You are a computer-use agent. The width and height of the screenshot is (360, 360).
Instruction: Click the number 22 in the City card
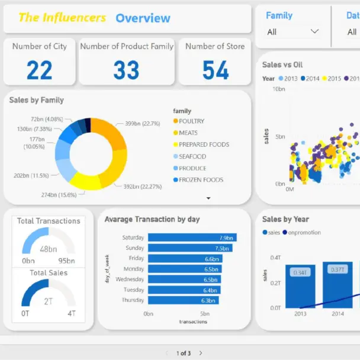click(x=39, y=70)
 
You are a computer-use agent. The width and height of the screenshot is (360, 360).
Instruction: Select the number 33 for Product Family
click(x=126, y=70)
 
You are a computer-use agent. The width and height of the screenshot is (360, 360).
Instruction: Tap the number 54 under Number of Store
click(x=215, y=70)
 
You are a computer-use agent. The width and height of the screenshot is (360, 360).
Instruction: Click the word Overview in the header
click(x=143, y=18)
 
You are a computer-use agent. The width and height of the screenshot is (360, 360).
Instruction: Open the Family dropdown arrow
click(x=314, y=31)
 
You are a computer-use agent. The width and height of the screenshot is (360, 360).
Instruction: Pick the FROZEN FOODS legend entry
click(x=201, y=179)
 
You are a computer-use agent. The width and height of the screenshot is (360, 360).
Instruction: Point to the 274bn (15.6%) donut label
click(x=58, y=195)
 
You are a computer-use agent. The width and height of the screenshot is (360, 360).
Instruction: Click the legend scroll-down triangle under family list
click(x=208, y=198)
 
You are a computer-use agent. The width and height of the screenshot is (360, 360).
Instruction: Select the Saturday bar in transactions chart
click(x=192, y=237)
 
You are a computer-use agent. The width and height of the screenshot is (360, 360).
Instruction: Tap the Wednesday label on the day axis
click(x=130, y=279)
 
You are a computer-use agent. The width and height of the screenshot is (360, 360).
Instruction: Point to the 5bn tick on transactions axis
click(x=204, y=314)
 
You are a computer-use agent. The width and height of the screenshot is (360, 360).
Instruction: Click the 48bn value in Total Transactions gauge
click(x=48, y=249)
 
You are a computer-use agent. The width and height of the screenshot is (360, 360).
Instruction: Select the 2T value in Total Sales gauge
click(x=48, y=301)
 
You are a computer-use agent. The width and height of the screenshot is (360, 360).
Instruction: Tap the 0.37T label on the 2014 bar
click(x=337, y=270)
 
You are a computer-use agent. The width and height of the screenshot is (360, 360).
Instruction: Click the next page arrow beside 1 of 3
click(x=201, y=353)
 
